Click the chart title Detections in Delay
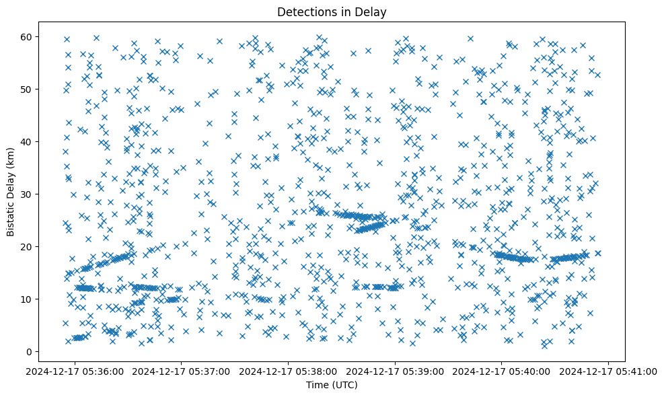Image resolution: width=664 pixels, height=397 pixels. [332, 11]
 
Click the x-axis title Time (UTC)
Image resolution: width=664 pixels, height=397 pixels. [332, 386]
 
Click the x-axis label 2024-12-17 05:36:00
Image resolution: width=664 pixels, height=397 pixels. [75, 370]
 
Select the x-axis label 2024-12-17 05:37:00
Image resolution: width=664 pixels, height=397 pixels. [182, 370]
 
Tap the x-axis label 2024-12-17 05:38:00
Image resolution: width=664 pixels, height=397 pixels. [289, 370]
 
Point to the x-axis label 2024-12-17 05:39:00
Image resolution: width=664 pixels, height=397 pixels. [396, 370]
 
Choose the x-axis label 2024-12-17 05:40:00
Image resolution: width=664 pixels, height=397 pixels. [503, 370]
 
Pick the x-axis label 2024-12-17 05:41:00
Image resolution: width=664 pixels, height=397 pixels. [610, 370]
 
